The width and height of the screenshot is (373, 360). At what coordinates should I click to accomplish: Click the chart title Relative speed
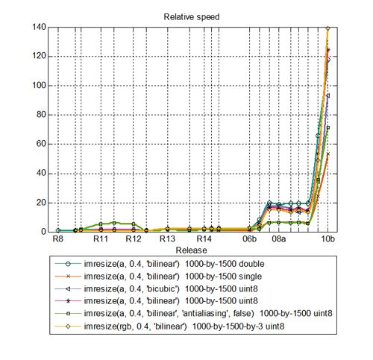click(x=186, y=16)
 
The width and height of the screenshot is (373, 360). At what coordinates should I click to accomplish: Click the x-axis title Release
click(x=186, y=251)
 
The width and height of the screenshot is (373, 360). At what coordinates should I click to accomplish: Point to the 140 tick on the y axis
click(x=39, y=27)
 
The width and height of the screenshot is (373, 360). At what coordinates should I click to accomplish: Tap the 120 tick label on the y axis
click(x=39, y=56)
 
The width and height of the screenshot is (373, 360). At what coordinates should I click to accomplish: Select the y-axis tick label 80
click(x=41, y=115)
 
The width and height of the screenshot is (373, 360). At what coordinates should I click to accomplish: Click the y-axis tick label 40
click(x=41, y=173)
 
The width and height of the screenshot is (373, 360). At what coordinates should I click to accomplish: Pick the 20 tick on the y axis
click(x=41, y=202)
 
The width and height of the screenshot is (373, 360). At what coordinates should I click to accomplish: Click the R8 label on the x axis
click(x=57, y=241)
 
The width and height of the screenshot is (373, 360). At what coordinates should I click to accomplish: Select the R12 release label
click(x=134, y=241)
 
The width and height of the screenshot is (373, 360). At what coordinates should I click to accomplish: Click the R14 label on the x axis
click(x=204, y=241)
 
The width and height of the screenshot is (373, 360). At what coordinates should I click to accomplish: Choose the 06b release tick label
click(x=250, y=241)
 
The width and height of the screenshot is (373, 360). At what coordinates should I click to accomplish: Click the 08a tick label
click(x=278, y=241)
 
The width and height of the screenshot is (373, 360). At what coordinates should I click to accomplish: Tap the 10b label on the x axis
click(x=327, y=241)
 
